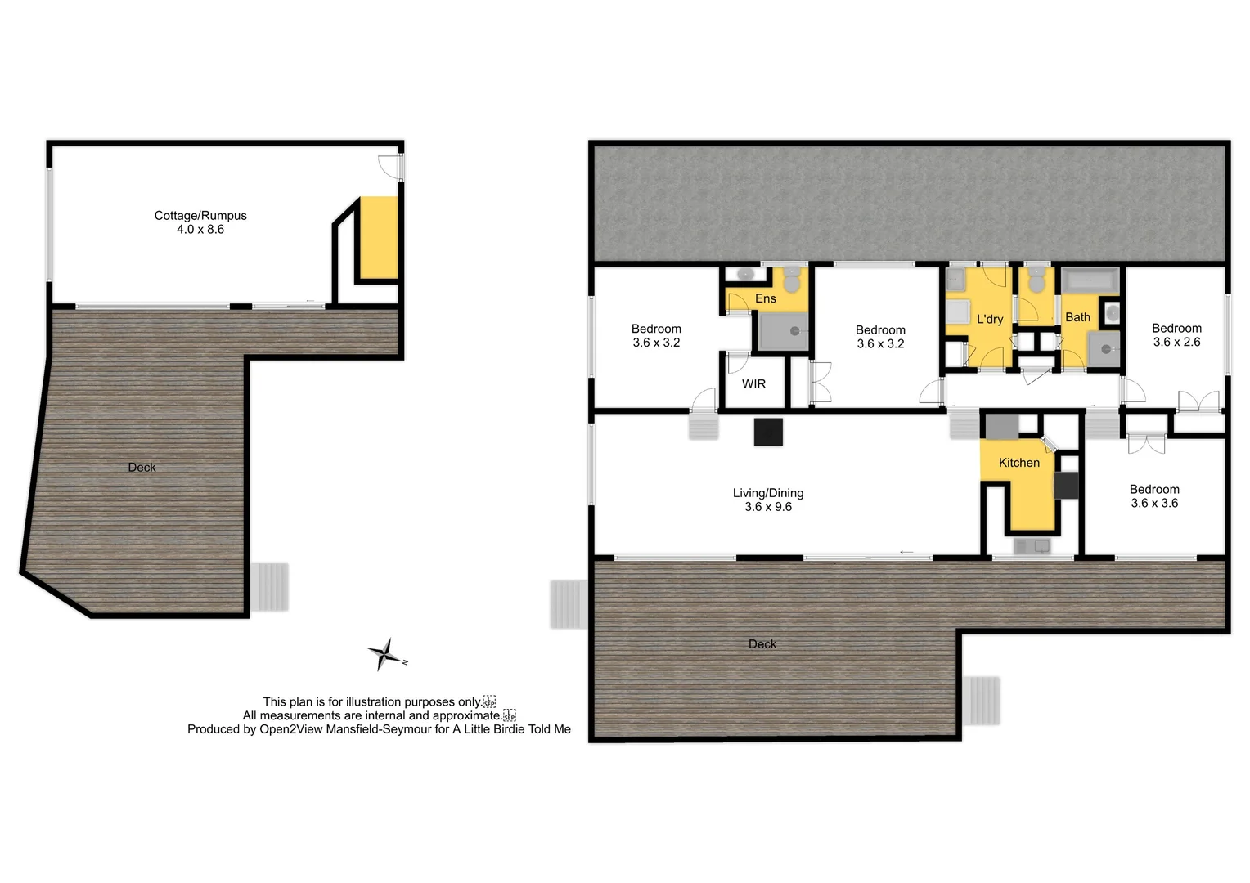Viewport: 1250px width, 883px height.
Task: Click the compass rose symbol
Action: pos(385,655)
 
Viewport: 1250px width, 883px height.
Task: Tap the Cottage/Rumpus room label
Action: pos(200,216)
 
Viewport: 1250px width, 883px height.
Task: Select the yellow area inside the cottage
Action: pos(379,238)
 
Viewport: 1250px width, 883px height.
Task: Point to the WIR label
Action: pos(753,383)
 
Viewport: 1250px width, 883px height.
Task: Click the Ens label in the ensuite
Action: pos(766,298)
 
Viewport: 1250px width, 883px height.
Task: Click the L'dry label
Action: pos(990,319)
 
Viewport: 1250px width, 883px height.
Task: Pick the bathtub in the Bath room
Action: pos(1090,281)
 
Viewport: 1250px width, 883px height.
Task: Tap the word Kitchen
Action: pos(1019,463)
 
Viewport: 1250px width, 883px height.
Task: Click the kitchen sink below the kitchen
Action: pos(1032,546)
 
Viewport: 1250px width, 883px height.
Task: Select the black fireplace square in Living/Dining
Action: pos(768,432)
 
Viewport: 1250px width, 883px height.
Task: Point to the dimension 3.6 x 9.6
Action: pos(768,507)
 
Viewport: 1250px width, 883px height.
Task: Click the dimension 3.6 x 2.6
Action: pos(1176,342)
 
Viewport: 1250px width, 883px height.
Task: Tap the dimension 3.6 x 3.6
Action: pos(1154,503)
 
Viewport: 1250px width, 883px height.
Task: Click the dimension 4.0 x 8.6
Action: pos(200,230)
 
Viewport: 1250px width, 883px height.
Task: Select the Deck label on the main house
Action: pos(762,644)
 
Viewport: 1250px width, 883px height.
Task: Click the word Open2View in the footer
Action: pos(291,729)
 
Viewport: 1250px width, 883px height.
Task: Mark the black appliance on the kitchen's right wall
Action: pos(1067,486)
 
